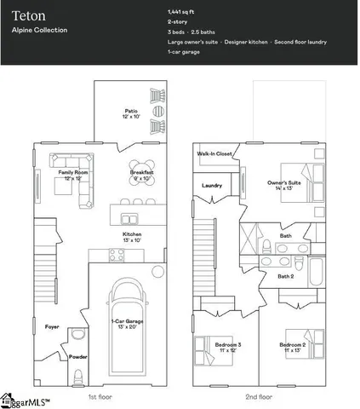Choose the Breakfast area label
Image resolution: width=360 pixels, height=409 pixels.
(141, 175)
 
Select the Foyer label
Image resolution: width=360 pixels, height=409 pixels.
(53, 326)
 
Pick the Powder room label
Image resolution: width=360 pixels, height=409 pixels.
(77, 357)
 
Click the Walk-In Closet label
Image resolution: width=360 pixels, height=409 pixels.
(214, 154)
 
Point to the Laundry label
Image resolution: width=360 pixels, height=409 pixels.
(212, 185)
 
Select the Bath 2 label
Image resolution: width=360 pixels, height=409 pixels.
(286, 275)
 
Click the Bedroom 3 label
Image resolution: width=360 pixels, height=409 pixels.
(227, 347)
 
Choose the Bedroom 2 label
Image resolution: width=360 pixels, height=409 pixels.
(294, 347)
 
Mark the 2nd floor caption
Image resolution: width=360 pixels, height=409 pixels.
(259, 396)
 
